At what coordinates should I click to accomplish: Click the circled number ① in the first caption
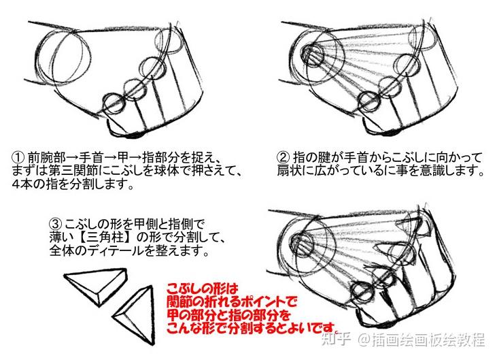pyautogui.click(x=18, y=157)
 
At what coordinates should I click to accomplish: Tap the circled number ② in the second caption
pyautogui.click(x=283, y=157)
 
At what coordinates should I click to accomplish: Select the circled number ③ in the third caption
pyautogui.click(x=55, y=225)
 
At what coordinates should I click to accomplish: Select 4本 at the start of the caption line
pyautogui.click(x=22, y=184)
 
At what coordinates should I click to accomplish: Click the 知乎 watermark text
pyautogui.click(x=336, y=340)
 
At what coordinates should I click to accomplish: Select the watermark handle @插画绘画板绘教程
pyautogui.click(x=422, y=340)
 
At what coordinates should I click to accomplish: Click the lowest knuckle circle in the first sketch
pyautogui.click(x=113, y=103)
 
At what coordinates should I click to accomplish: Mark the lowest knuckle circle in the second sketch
pyautogui.click(x=369, y=101)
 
